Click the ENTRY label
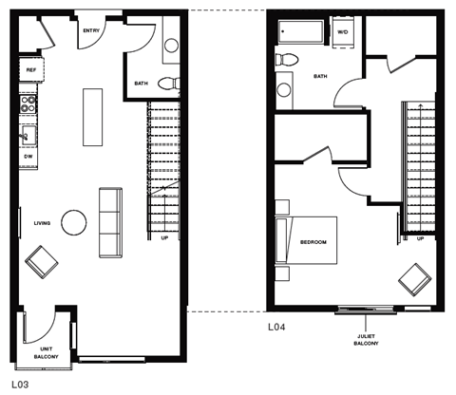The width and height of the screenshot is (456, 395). pyautogui.click(x=92, y=31)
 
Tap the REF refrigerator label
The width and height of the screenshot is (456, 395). pyautogui.click(x=30, y=70)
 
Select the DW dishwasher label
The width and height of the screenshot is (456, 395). pyautogui.click(x=29, y=156)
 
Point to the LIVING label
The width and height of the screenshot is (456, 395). pyautogui.click(x=43, y=223)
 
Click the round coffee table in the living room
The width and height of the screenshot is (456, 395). pyautogui.click(x=75, y=222)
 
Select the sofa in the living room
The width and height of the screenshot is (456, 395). pyautogui.click(x=110, y=221)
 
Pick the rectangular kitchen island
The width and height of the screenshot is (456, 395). pyautogui.click(x=92, y=117)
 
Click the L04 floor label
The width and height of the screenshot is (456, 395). pyautogui.click(x=275, y=328)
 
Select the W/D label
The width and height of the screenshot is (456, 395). pyautogui.click(x=342, y=32)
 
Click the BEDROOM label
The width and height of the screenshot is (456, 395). pyautogui.click(x=313, y=242)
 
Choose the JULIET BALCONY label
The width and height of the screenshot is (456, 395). pyautogui.click(x=365, y=337)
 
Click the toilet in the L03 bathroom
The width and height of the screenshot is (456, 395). pyautogui.click(x=168, y=83)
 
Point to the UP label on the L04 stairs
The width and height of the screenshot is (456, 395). pyautogui.click(x=420, y=238)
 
